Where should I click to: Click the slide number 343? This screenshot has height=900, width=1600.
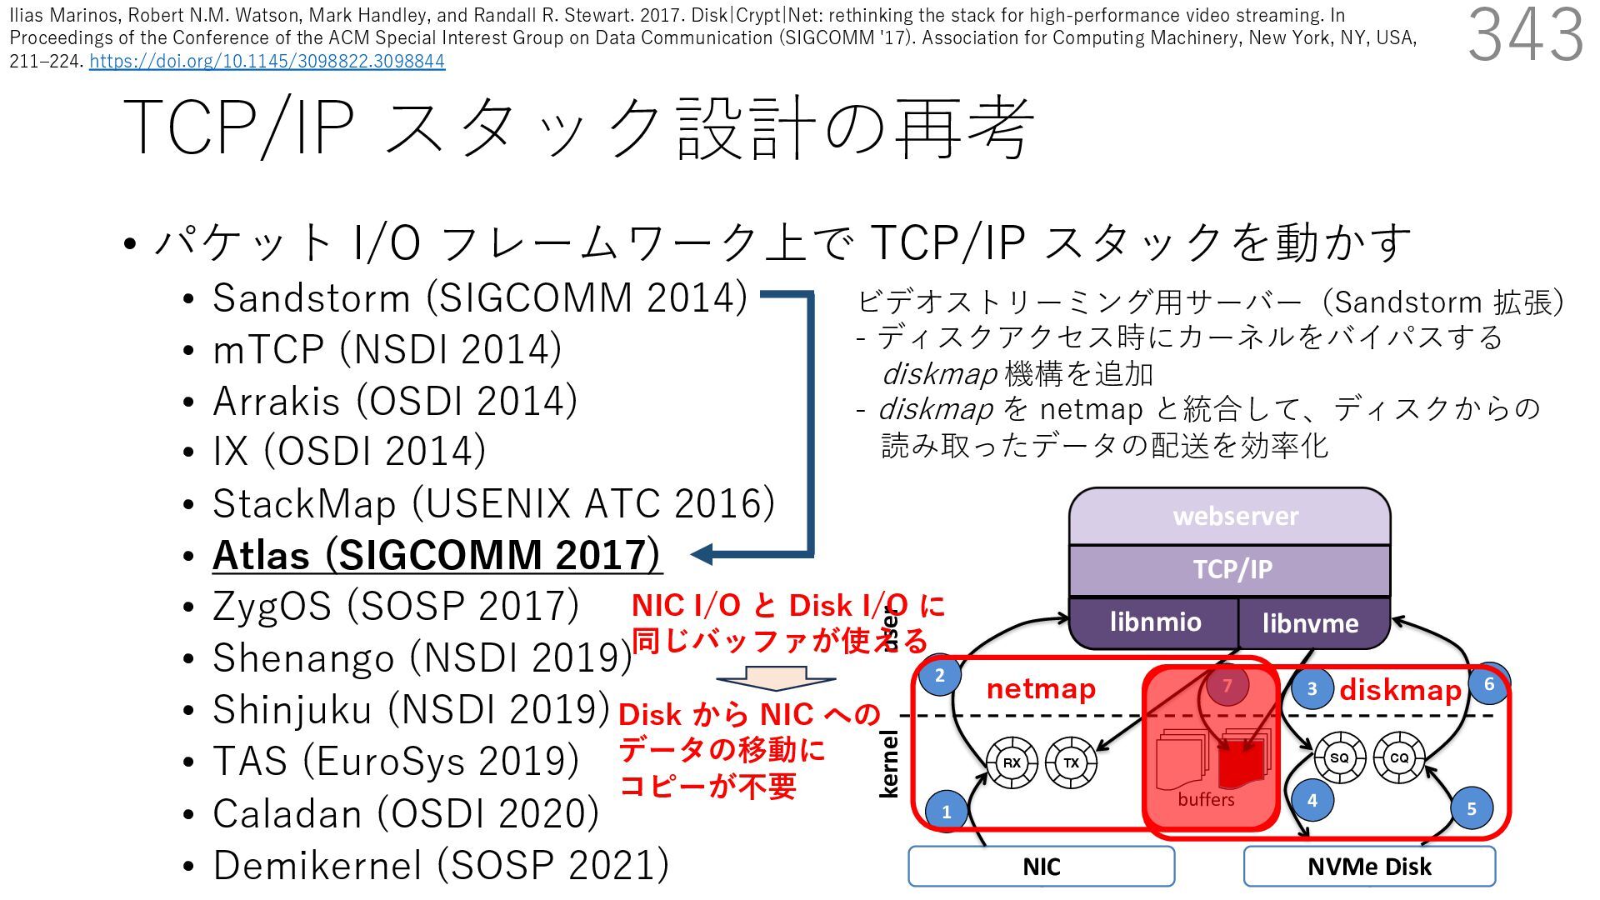[1525, 35]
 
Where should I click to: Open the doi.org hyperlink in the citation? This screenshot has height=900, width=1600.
[267, 61]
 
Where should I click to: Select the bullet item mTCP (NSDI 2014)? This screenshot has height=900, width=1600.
[387, 349]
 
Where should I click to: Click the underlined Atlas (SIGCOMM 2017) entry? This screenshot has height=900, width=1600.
[437, 555]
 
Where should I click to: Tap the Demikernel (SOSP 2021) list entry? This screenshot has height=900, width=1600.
[441, 865]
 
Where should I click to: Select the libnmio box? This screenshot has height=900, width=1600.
[1155, 622]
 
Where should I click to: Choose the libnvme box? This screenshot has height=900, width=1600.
[1310, 623]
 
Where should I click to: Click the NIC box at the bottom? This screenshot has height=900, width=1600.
[1041, 867]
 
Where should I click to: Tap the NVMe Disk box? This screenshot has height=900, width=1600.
[1369, 867]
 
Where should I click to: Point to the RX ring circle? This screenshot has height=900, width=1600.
[1012, 762]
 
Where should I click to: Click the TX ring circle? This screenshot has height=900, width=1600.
[1071, 762]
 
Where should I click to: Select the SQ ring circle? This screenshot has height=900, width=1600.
[1339, 757]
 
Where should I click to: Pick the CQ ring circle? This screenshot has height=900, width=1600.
[1398, 757]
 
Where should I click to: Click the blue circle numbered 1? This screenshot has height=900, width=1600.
[946, 810]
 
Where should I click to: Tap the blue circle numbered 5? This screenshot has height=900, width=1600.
[1471, 807]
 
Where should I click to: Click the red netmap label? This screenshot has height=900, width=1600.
[1041, 689]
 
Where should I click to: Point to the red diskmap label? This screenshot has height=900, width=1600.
[1400, 690]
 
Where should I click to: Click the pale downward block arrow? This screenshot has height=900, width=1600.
[775, 677]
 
